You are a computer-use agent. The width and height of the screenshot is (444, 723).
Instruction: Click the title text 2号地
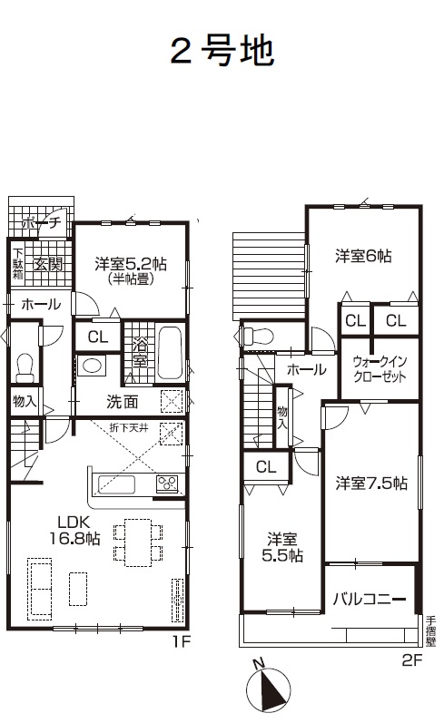223,51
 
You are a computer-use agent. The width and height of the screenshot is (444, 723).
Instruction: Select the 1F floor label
182,641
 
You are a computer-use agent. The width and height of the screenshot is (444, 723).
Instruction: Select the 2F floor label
412,660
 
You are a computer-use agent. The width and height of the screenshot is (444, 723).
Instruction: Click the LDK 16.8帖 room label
74,530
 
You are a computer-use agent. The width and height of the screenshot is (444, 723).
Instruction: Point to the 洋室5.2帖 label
131,264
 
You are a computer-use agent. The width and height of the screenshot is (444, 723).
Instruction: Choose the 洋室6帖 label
363,255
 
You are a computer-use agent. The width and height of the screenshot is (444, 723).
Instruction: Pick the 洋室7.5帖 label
371,484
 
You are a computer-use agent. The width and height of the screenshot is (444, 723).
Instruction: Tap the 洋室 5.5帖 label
282,547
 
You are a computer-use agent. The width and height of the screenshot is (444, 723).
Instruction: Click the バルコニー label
370,599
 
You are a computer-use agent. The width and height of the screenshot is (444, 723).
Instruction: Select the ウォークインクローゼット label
380,369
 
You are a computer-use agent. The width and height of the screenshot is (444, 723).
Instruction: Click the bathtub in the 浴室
171,353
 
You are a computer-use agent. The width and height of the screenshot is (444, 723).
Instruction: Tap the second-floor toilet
257,336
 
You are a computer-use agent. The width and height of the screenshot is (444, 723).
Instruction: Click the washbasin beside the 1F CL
91,366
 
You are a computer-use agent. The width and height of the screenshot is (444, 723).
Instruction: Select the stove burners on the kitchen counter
167,484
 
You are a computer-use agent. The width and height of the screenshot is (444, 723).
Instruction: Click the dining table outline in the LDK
137,542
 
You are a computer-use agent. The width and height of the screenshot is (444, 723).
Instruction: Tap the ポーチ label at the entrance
42,223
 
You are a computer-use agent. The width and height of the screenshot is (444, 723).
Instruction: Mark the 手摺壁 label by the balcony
431,631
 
